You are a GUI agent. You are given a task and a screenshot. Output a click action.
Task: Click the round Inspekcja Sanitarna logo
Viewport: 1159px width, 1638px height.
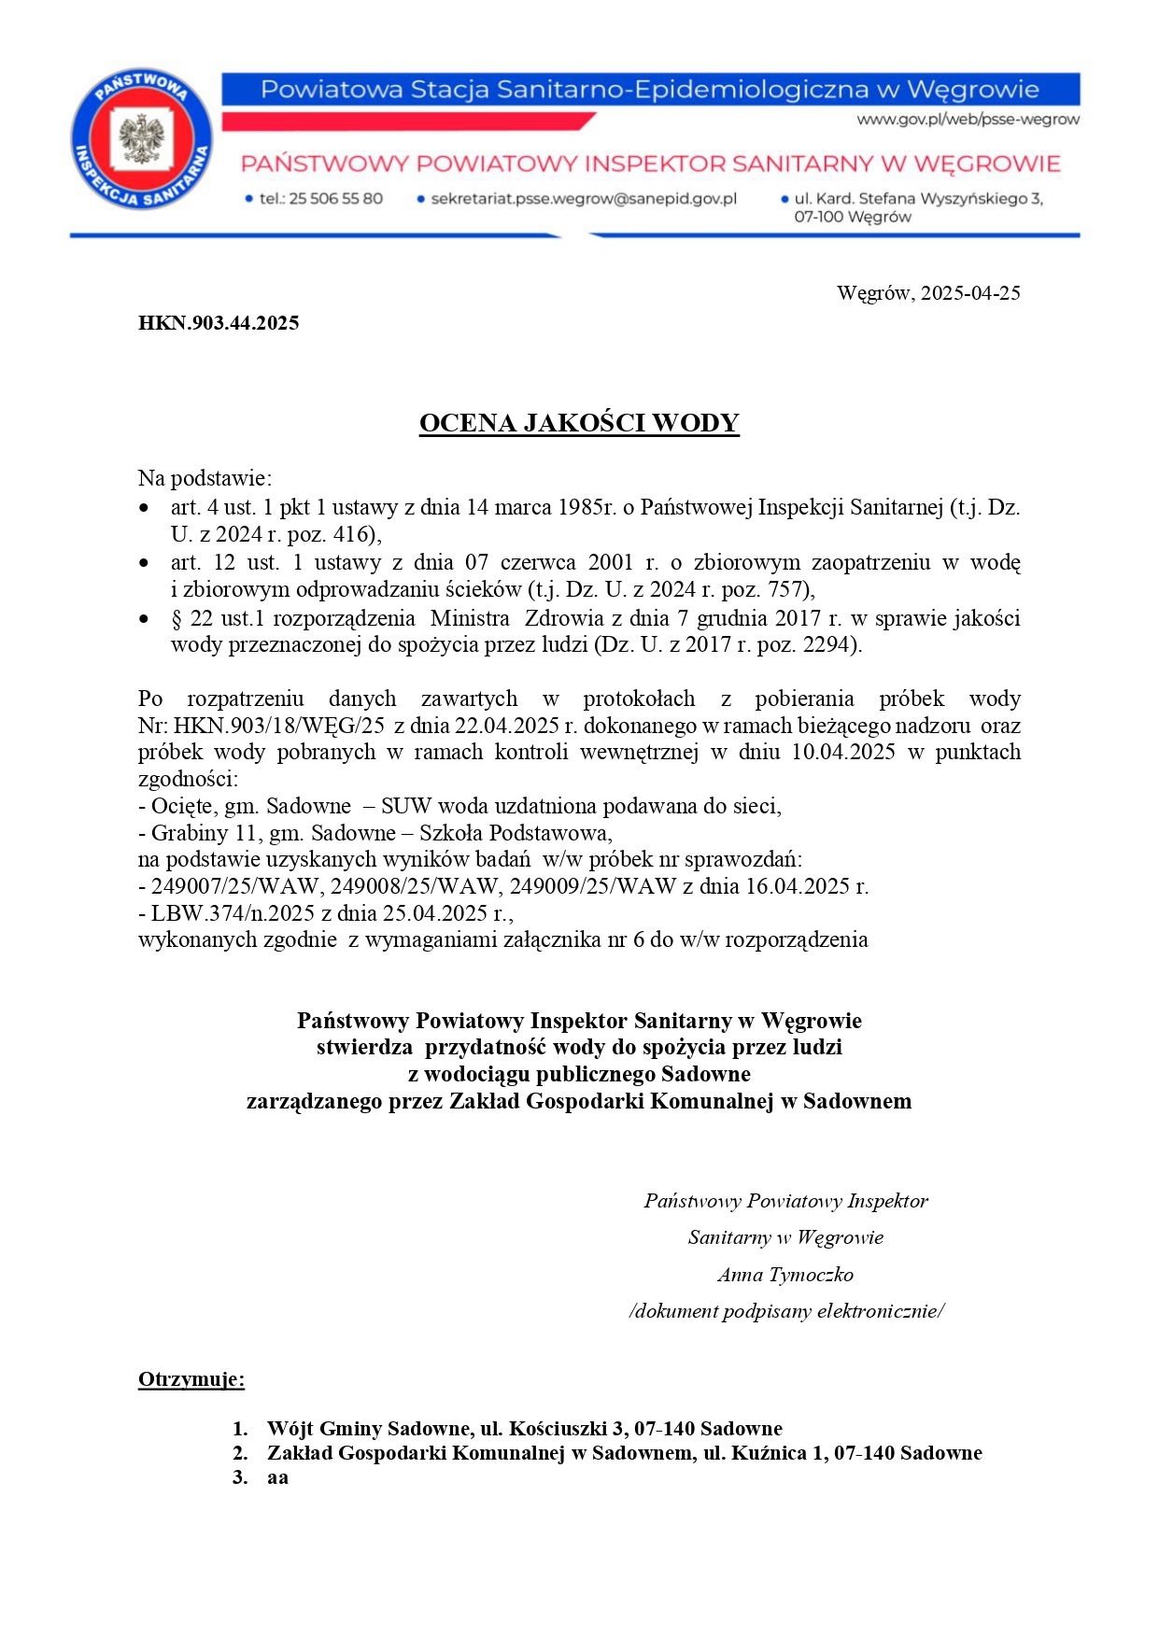[142, 141]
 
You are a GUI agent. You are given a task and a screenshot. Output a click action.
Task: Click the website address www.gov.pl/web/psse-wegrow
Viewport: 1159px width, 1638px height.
[968, 120]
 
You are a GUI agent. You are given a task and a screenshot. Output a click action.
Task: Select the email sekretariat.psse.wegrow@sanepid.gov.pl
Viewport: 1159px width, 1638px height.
[584, 199]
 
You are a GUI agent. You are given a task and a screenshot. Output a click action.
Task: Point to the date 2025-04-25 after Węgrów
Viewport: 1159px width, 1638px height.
[970, 293]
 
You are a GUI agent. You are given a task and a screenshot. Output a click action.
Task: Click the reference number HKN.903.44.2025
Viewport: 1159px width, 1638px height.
[219, 323]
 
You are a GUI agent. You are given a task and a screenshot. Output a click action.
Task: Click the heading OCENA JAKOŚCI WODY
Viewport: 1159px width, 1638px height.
[579, 423]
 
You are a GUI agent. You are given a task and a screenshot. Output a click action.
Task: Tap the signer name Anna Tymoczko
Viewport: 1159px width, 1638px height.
[785, 1275]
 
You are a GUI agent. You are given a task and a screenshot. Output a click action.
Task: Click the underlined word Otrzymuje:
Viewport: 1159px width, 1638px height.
[191, 1379]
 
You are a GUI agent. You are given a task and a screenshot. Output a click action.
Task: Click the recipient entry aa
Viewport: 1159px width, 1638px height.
[277, 1477]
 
